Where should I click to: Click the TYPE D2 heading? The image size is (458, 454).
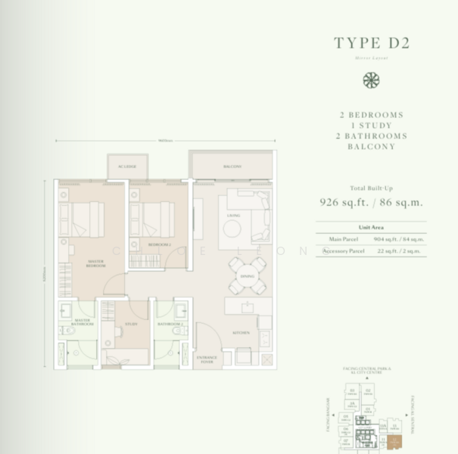coord(371,43)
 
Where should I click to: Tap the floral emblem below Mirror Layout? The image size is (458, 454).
coord(371,81)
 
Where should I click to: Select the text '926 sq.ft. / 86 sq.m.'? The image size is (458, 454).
coord(371,202)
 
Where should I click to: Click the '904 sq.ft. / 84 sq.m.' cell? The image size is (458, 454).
coord(400,239)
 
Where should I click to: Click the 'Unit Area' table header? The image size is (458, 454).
coord(371,228)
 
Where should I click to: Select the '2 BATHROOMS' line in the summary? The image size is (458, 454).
coord(371,136)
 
